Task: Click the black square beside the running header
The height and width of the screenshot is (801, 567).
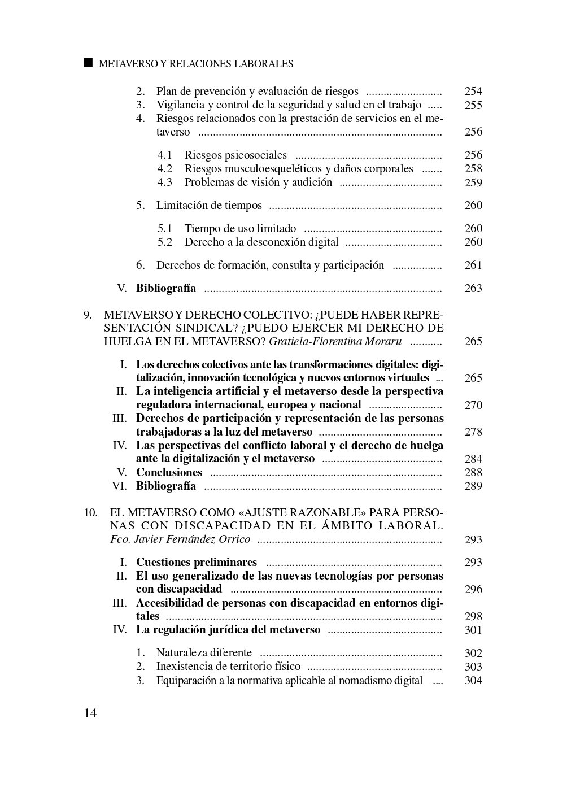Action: click(x=88, y=63)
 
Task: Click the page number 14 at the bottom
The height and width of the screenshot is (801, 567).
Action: click(x=90, y=713)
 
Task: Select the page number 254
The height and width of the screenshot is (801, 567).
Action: click(x=473, y=92)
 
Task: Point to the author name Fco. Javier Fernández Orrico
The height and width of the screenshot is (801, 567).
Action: click(x=180, y=539)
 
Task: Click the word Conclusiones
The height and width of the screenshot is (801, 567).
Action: click(x=169, y=472)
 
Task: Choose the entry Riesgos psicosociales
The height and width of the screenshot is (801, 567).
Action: click(x=235, y=155)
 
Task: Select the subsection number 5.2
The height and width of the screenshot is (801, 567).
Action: click(x=165, y=242)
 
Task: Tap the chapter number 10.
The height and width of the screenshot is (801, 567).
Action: click(x=90, y=512)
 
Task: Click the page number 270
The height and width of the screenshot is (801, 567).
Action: click(x=473, y=405)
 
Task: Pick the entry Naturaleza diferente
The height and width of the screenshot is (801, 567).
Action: click(x=204, y=653)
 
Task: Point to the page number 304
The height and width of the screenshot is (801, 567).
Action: click(x=473, y=680)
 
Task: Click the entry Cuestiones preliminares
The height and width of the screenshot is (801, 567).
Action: click(x=197, y=562)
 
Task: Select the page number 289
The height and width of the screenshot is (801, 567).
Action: click(x=473, y=486)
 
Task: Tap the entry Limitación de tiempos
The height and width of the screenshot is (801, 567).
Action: click(x=209, y=205)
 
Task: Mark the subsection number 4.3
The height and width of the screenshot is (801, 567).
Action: click(x=165, y=182)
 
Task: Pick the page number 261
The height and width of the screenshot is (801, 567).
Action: click(x=473, y=265)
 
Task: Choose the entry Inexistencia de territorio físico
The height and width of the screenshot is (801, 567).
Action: click(x=228, y=667)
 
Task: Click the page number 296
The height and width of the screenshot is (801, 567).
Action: click(x=473, y=589)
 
